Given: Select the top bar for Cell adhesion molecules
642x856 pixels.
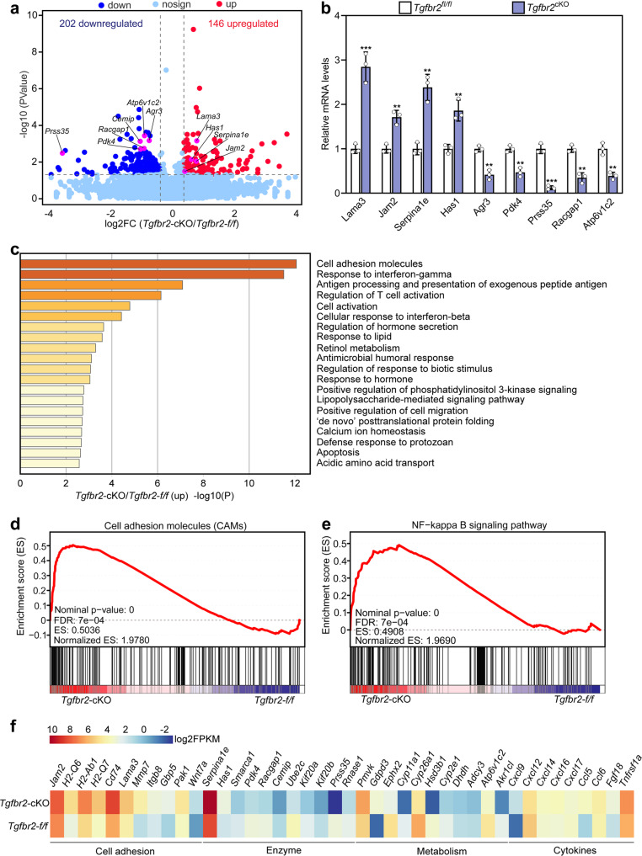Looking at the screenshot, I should point(158,264).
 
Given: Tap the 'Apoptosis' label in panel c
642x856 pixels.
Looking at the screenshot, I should point(340,450).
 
